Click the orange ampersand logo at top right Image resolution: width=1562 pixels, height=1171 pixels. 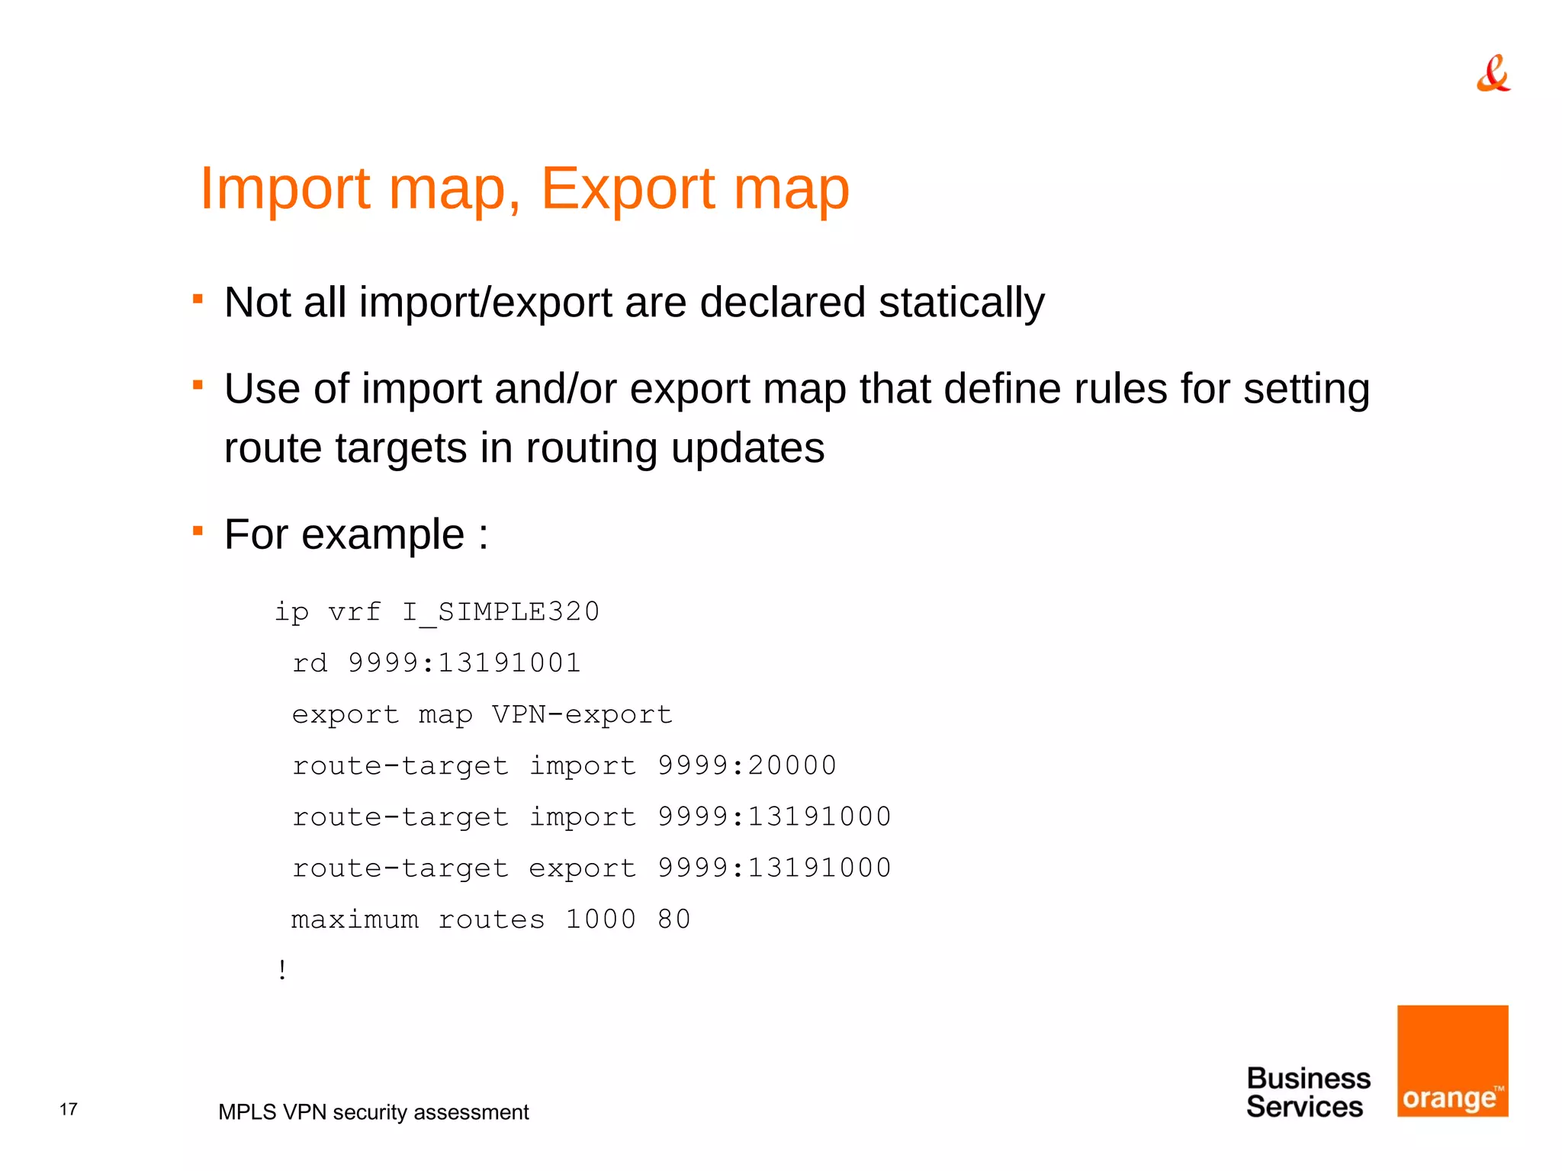tap(1493, 74)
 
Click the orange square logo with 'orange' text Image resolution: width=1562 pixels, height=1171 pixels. tap(1452, 1060)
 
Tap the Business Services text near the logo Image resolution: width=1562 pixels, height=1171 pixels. tap(1307, 1092)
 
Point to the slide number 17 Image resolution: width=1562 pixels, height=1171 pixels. tap(69, 1109)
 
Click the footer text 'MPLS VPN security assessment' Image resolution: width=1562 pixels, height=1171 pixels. tap(373, 1112)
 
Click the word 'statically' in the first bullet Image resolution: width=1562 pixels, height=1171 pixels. tap(961, 303)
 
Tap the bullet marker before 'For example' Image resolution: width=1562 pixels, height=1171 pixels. tap(198, 530)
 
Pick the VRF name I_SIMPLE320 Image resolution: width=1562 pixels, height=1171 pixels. tap(501, 612)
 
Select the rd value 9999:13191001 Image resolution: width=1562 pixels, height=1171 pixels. tap(464, 663)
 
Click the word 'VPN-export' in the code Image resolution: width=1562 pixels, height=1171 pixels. tap(582, 715)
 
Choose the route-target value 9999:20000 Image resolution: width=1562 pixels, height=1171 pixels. tap(747, 765)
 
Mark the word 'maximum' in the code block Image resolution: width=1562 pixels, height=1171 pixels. tap(355, 919)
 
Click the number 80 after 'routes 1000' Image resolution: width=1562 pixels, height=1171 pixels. tap(674, 919)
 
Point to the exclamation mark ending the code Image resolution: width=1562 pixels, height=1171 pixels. tap(283, 970)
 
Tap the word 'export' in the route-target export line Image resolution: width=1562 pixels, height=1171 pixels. tap(583, 868)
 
